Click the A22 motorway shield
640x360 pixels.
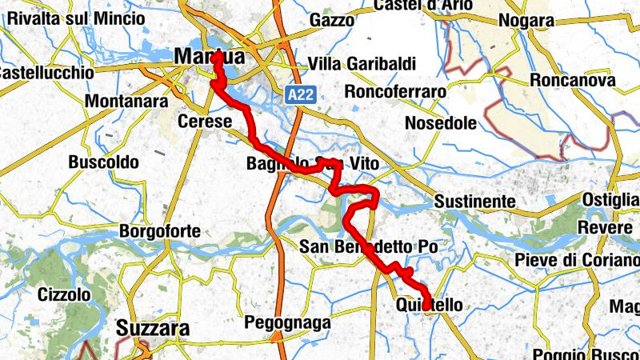coord(302,95)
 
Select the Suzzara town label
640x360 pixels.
coord(153,328)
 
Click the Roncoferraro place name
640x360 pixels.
coord(394,92)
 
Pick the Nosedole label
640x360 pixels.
coord(441,123)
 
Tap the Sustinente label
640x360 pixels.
coord(473,202)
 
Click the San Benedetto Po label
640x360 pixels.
coord(369,247)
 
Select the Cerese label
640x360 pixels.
coord(206,122)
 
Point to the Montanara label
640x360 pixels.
coord(126,102)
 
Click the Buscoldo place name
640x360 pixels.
coord(104,162)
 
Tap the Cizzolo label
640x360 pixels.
coord(64,294)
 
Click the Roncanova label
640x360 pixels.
coord(571,81)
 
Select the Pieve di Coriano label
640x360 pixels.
coord(573,260)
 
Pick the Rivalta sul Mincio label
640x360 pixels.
coord(71,18)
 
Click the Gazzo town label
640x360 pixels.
coord(330,19)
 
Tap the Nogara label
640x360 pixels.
coord(526,21)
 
